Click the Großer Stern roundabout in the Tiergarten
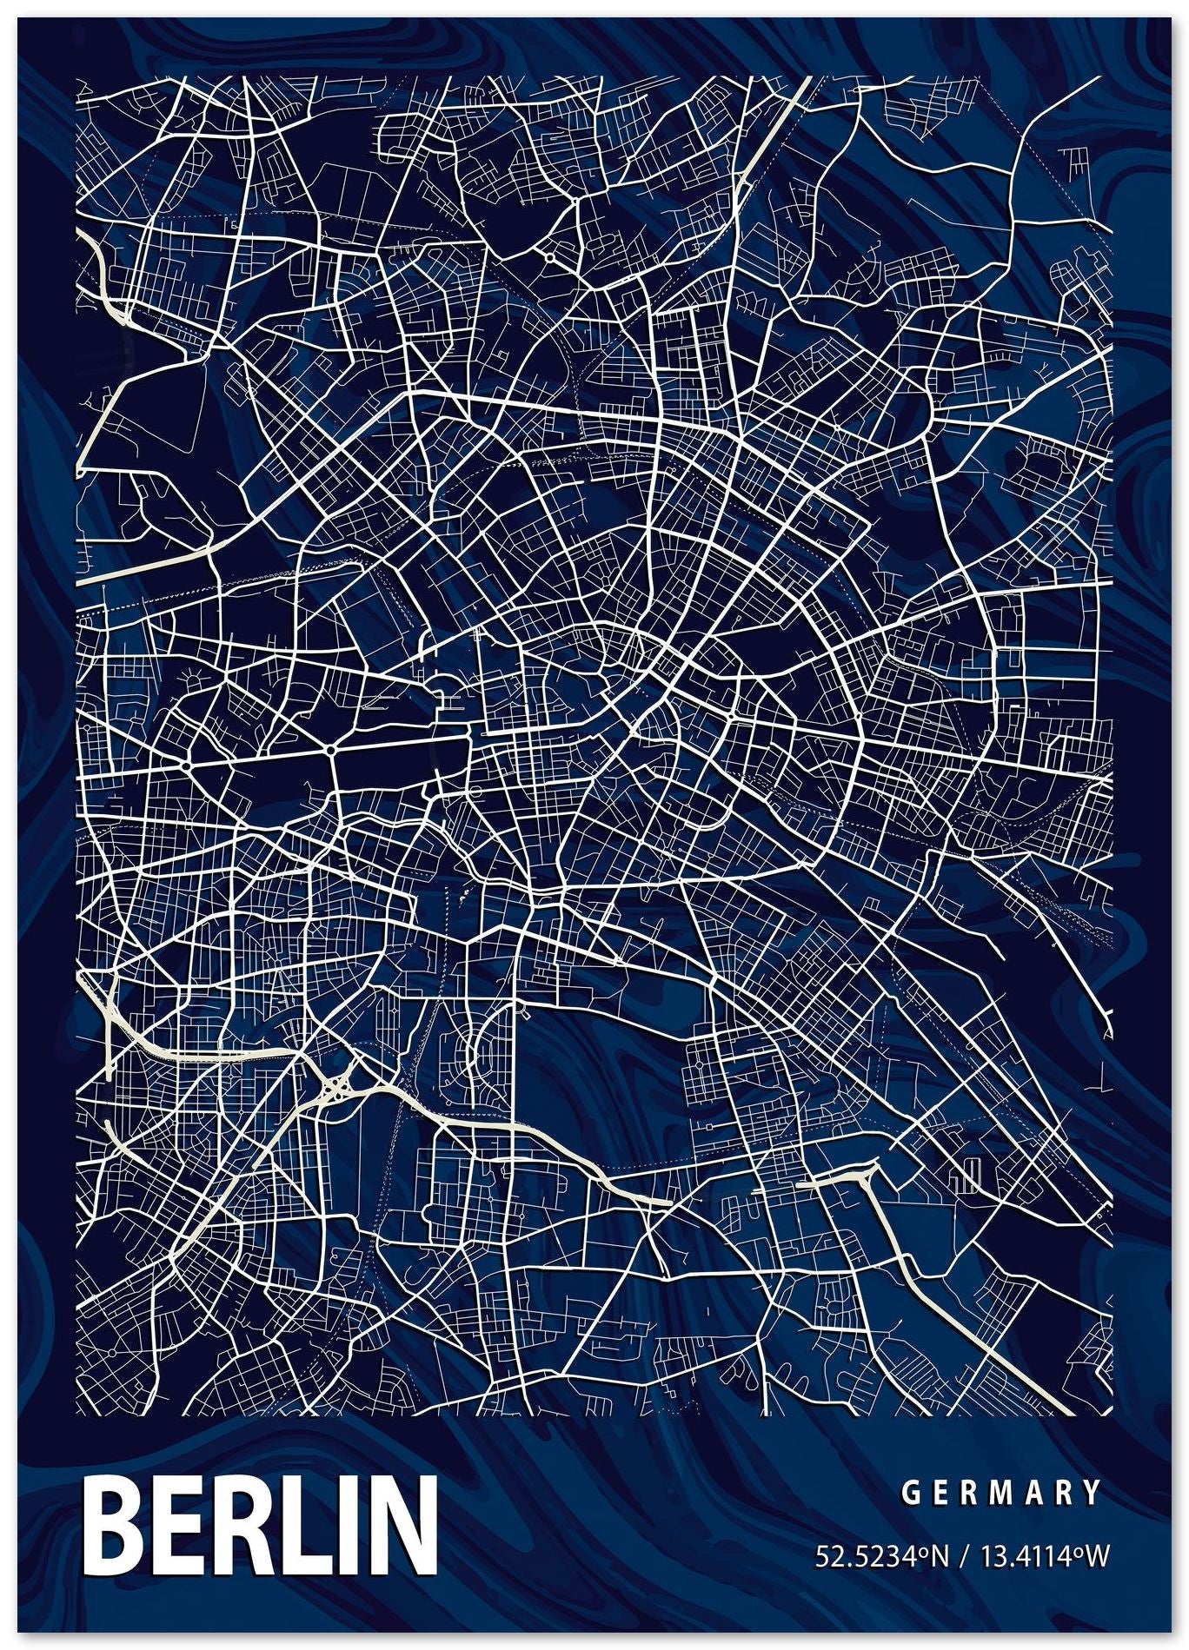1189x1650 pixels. coord(331,748)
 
